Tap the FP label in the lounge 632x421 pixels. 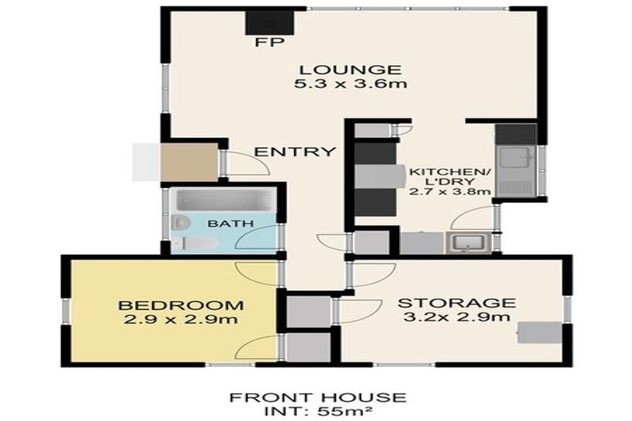pos(264,43)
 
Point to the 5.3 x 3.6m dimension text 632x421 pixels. pos(350,84)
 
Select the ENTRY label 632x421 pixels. pos(283,151)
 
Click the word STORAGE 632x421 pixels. pos(457,303)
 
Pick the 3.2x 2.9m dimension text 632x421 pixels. pos(457,317)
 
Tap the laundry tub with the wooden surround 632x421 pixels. pos(467,243)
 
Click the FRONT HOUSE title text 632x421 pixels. pos(317,398)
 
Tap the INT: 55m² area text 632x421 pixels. pos(317,411)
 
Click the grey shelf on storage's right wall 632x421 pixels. pos(540,331)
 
